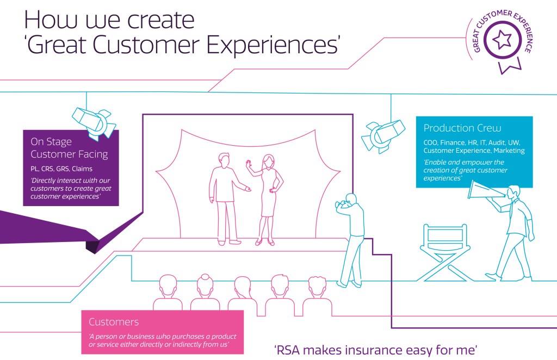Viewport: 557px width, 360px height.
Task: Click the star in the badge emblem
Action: point(501,40)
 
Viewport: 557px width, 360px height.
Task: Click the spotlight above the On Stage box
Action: point(95,121)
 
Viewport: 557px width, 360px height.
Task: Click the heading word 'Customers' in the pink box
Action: point(114,322)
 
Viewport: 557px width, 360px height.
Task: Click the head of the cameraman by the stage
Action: point(350,200)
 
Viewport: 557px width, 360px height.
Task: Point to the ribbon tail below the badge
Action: point(510,65)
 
